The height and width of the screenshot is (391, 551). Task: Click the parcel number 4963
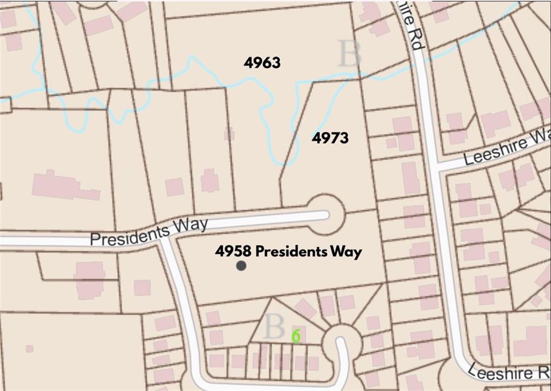pos(262,63)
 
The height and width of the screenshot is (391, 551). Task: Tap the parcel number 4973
pos(330,138)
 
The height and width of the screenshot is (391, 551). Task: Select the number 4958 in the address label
pos(232,251)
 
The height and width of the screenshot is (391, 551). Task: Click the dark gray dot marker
pos(241,265)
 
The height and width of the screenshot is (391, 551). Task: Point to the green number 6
pos(295,336)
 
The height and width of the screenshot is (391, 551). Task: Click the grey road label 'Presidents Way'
pos(149,232)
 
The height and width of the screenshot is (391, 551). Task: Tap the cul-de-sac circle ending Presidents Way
pos(326,215)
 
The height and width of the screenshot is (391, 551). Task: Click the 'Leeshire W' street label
pos(506,147)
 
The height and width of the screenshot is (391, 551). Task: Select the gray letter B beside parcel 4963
pos(349,54)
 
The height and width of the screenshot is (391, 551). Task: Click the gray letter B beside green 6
pos(274,326)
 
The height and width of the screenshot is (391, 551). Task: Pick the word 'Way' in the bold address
pos(347,252)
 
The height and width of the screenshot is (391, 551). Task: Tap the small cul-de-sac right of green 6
pos(341,340)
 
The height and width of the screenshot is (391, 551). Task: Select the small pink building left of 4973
pos(229,133)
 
